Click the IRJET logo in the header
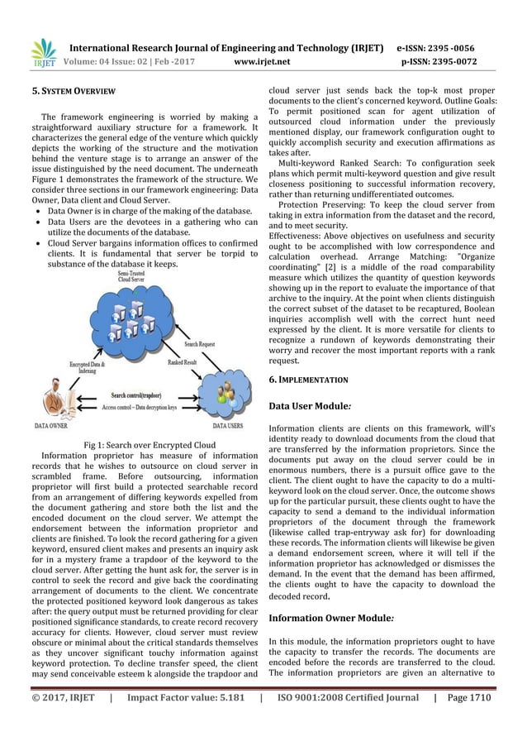click(42, 51)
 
